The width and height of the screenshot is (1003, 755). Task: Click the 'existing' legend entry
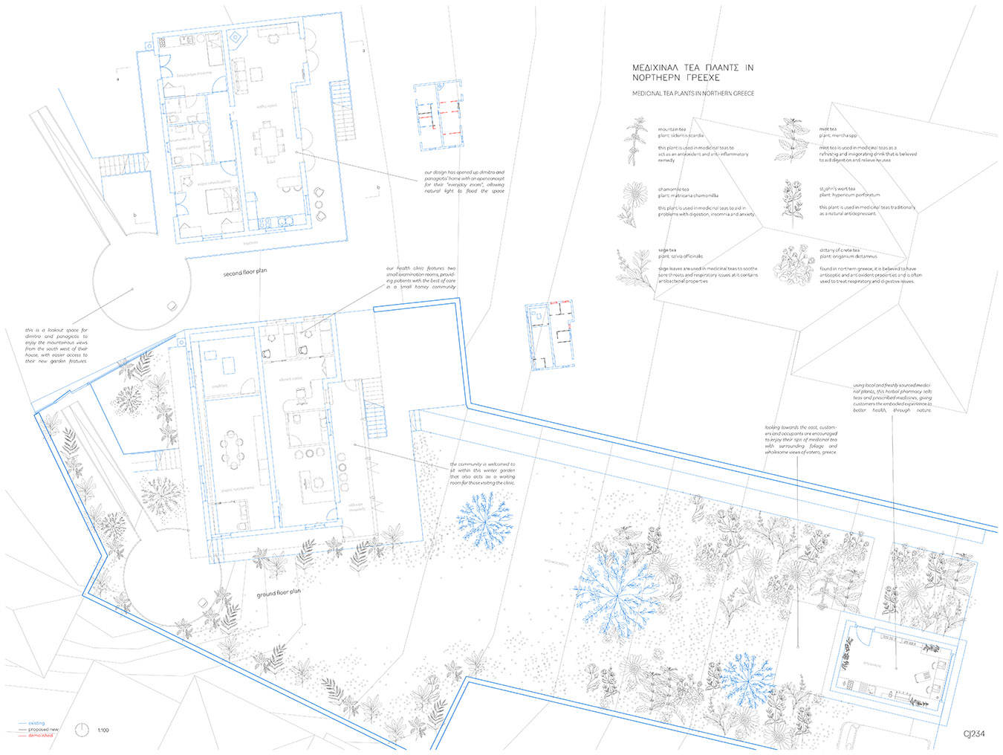point(36,723)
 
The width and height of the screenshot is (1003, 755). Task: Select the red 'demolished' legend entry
point(40,736)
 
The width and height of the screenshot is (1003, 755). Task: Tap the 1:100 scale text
point(103,730)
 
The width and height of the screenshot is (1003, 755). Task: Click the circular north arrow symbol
point(82,730)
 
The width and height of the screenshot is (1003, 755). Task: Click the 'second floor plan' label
point(244,273)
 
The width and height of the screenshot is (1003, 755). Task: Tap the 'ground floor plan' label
point(279,593)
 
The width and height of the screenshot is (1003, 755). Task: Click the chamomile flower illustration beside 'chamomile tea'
point(634,204)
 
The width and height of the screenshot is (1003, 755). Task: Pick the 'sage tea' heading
point(667,250)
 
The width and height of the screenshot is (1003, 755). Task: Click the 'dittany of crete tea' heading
point(840,250)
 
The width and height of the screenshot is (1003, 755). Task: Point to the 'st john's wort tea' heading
point(837,189)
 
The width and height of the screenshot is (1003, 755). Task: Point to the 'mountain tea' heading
point(672,129)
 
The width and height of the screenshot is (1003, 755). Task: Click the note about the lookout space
point(56,346)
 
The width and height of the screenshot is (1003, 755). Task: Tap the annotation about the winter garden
point(482,473)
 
